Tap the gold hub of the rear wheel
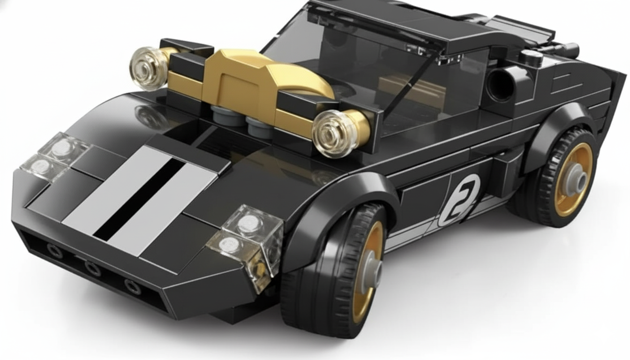pos(573,180)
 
